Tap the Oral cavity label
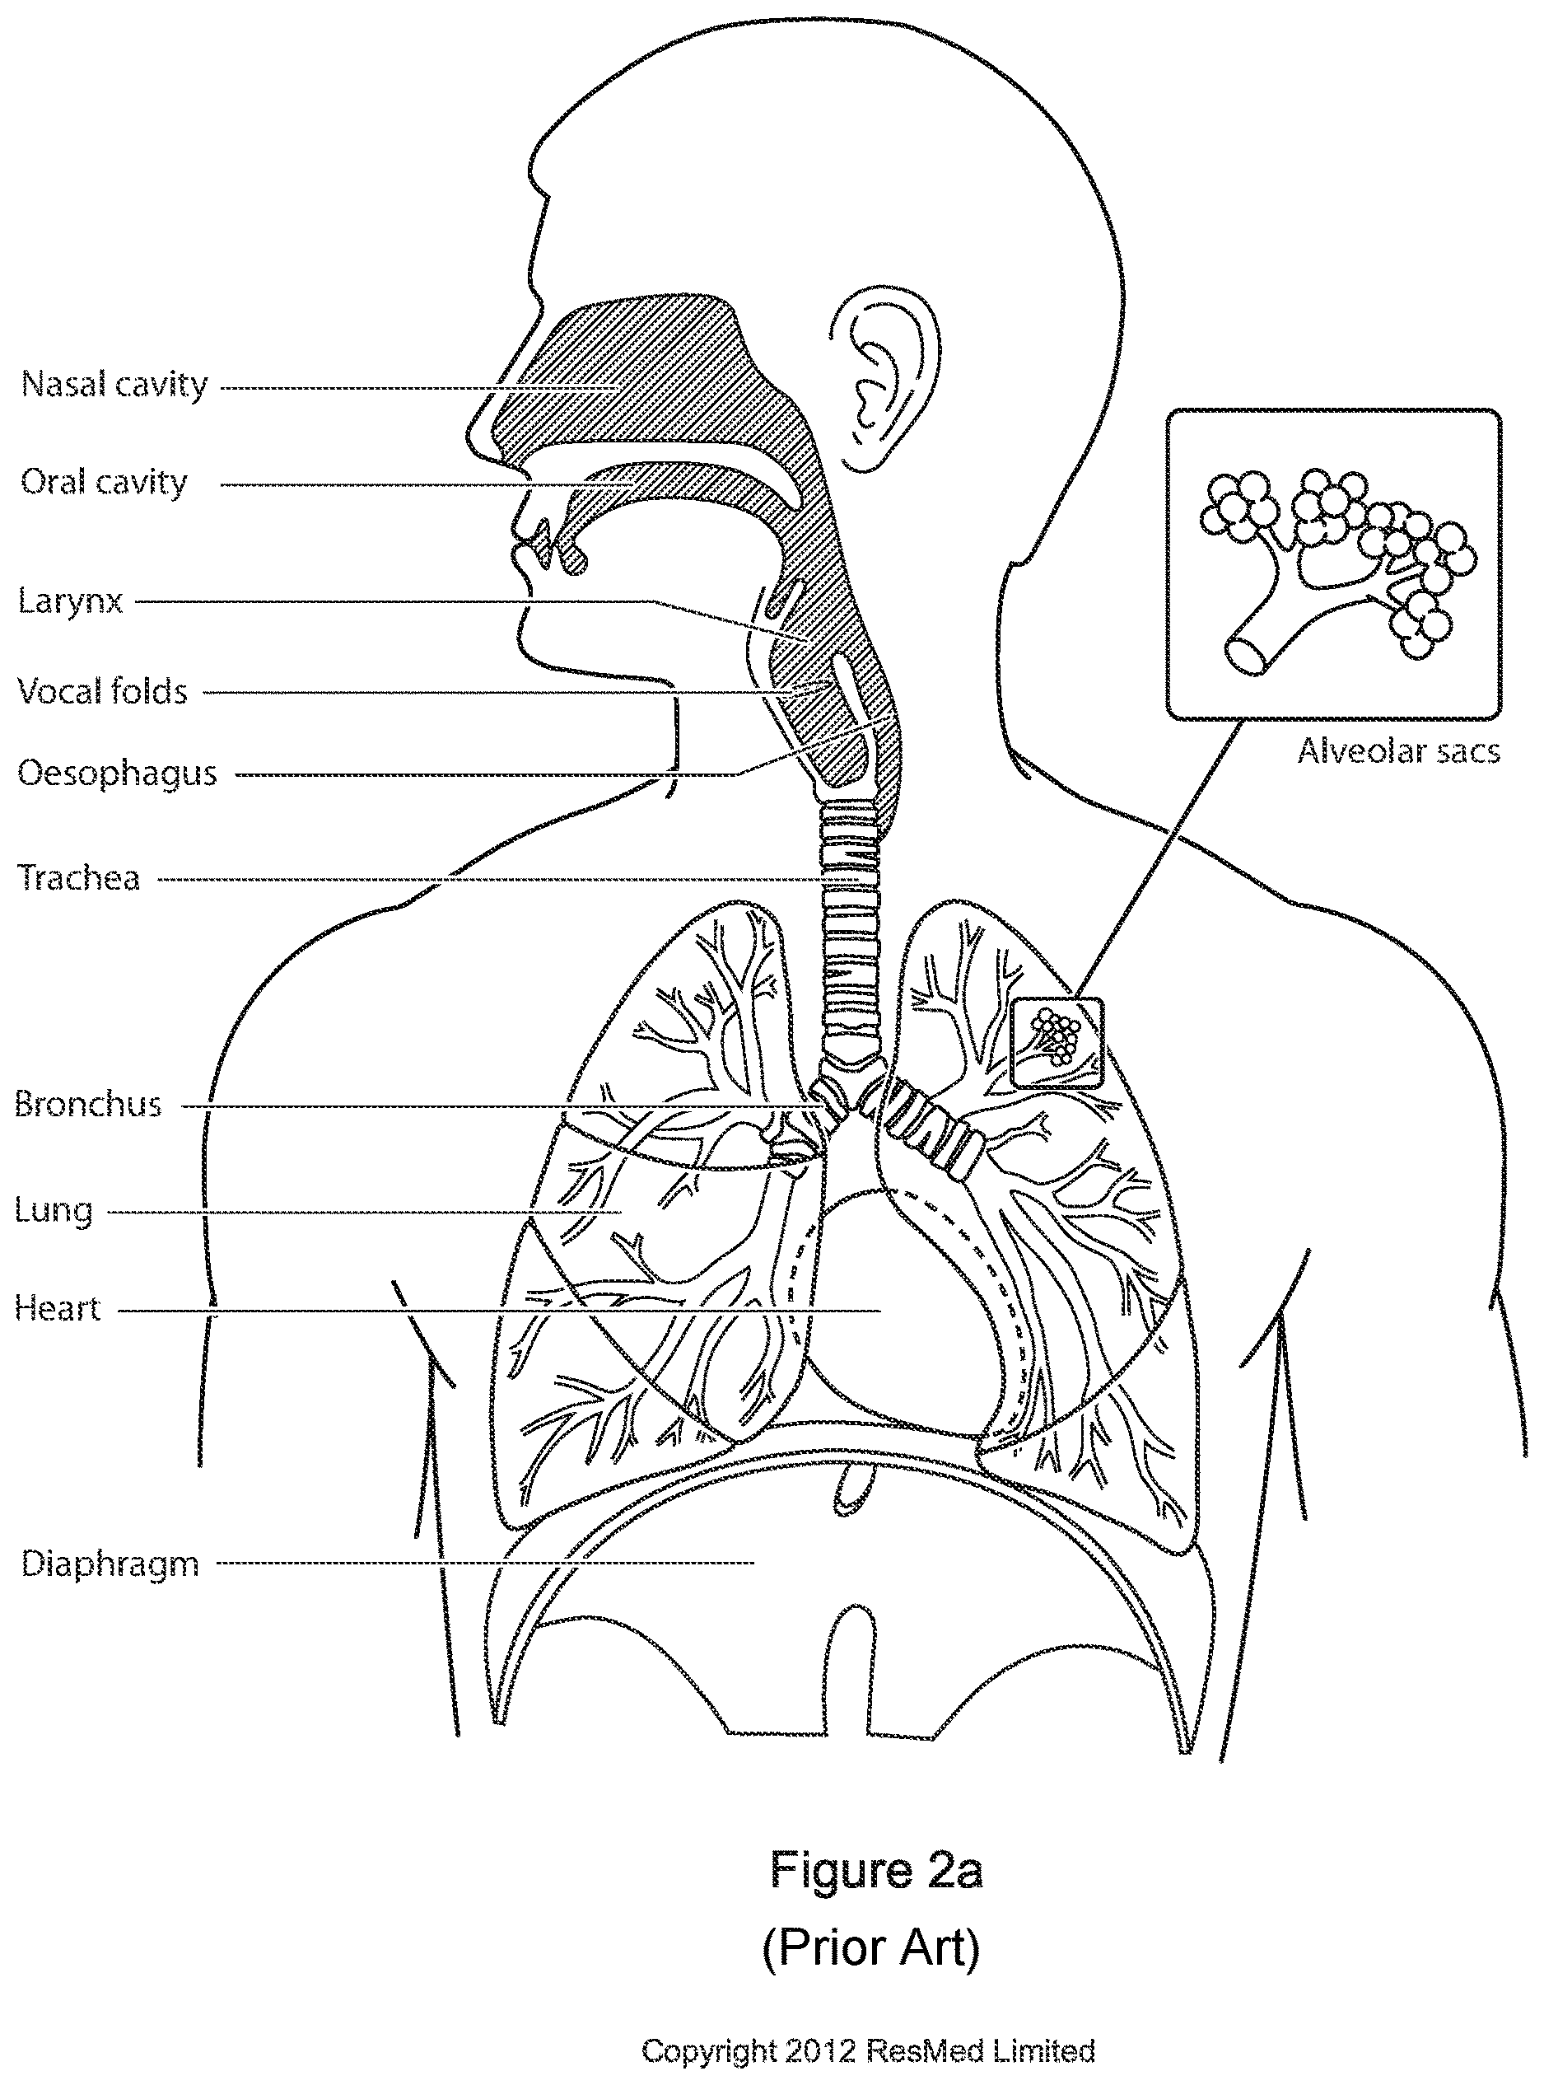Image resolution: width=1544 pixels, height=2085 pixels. point(104,483)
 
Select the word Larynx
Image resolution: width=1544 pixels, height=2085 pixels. point(70,601)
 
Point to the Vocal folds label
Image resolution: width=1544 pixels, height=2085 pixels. point(103,692)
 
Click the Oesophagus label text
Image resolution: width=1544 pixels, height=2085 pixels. point(117,774)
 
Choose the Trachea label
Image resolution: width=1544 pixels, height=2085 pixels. point(78,879)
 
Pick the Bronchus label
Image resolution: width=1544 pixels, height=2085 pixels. point(88,1106)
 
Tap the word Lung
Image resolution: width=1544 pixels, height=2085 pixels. point(54,1211)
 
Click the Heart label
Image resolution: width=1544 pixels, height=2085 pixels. point(57,1309)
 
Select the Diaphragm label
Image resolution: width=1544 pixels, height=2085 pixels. point(110,1564)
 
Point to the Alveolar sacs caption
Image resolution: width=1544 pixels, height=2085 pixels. point(1398,752)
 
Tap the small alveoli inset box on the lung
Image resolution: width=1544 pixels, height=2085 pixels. point(1058,1044)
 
